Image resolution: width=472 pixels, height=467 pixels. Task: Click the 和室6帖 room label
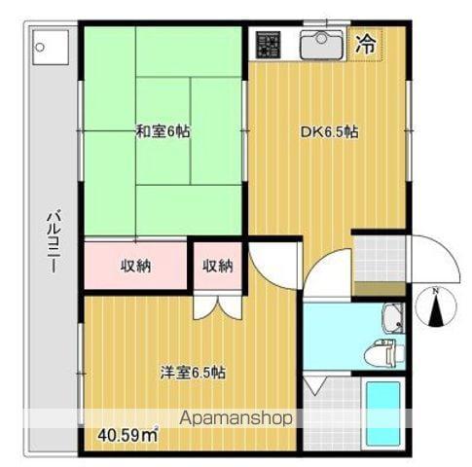tap(163, 131)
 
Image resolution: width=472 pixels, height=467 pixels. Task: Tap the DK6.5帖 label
tap(329, 132)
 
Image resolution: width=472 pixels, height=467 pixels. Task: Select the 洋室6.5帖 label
tap(194, 373)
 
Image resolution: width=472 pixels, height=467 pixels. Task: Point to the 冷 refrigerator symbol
tap(366, 44)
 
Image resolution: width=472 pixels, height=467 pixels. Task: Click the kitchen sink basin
tap(321, 45)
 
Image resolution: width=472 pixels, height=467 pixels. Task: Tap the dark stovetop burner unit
tap(268, 45)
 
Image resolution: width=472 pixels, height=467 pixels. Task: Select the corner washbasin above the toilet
tap(393, 318)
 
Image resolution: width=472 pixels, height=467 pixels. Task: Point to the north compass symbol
tap(436, 306)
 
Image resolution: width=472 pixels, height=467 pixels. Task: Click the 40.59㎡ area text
tap(127, 435)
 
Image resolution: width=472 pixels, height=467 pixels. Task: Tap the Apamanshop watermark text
tap(236, 418)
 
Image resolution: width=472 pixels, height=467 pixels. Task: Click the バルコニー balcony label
tap(53, 241)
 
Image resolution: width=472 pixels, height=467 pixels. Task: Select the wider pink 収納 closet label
tap(136, 267)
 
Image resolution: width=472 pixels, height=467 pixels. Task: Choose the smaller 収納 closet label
tap(218, 267)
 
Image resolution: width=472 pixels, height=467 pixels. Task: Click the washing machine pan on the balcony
tap(51, 48)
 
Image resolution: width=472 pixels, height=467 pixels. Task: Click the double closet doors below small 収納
tap(217, 306)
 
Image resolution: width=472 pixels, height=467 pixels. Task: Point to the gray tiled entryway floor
tap(380, 259)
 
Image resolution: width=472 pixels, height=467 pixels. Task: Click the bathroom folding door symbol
tap(314, 385)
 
